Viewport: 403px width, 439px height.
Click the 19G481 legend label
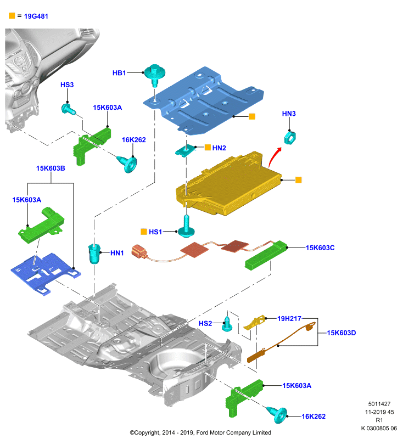[x=36, y=16]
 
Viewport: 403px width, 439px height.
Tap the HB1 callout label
[x=119, y=73]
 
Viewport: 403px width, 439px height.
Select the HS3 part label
[x=67, y=85]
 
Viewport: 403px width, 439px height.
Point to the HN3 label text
[x=289, y=114]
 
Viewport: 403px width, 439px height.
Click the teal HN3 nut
[x=290, y=138]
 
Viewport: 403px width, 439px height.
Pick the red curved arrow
[x=274, y=157]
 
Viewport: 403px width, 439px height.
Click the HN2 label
[x=219, y=148]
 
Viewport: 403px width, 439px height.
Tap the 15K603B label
[x=51, y=168]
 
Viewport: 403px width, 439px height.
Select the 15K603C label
[x=320, y=248]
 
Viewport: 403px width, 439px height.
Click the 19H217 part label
[x=289, y=319]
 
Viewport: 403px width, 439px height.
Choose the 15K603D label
[x=342, y=333]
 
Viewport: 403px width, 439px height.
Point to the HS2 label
[x=205, y=324]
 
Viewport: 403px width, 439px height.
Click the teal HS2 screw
[x=227, y=324]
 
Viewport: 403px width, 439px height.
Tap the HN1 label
[x=117, y=253]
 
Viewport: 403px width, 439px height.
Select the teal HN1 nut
[x=94, y=254]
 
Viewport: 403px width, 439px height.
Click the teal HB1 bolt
[x=154, y=75]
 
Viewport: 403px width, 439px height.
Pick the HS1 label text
[x=155, y=232]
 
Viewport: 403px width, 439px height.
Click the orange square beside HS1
[x=144, y=232]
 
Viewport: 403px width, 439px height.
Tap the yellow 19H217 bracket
[x=254, y=323]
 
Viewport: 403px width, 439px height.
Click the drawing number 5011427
[x=379, y=404]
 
